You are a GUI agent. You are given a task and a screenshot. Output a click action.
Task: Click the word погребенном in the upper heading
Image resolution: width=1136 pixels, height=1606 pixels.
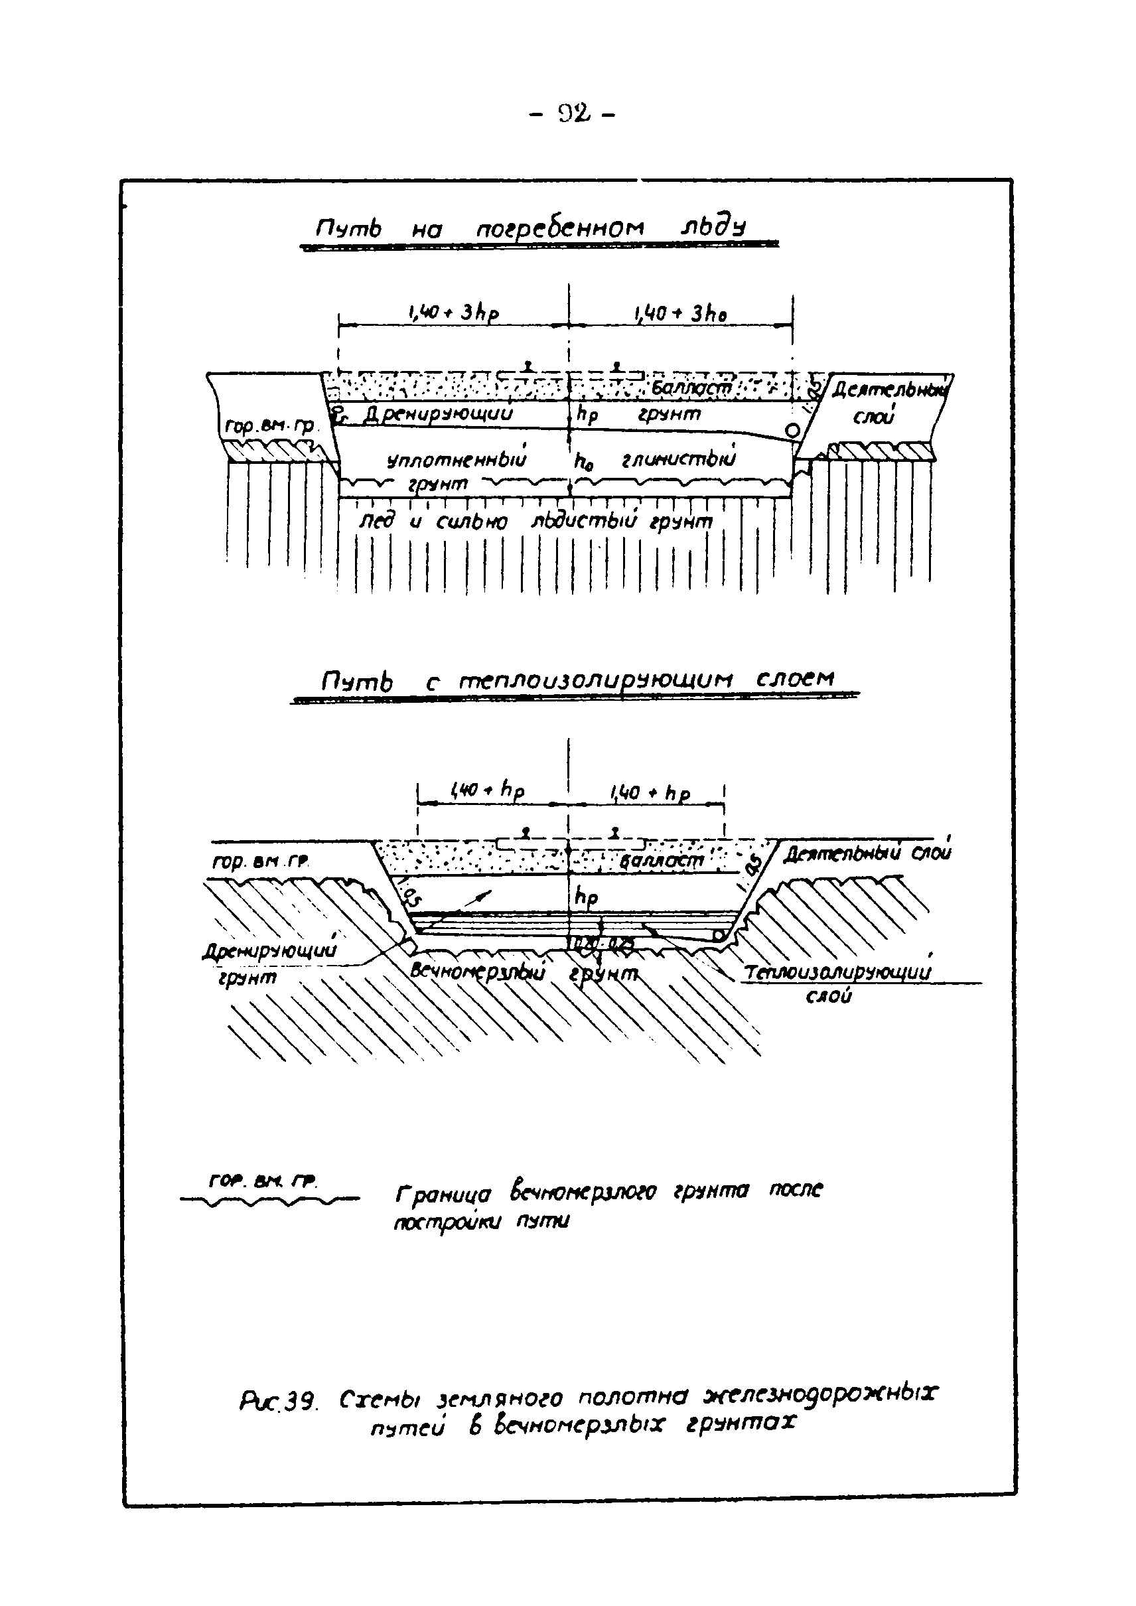[559, 229]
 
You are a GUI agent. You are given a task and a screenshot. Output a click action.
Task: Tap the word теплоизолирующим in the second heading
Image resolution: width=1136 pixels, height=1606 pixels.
[596, 680]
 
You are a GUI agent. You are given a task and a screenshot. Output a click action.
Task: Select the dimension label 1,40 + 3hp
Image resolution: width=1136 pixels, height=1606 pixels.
[453, 313]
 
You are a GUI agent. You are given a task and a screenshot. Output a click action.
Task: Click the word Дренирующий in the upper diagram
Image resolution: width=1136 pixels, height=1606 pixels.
[437, 413]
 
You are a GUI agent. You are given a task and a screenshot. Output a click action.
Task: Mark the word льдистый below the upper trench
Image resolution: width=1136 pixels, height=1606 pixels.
[584, 521]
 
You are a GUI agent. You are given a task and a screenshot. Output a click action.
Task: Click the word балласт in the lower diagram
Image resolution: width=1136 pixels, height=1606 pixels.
[661, 860]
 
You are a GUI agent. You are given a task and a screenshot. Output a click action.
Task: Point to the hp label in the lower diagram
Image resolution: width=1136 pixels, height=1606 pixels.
[585, 897]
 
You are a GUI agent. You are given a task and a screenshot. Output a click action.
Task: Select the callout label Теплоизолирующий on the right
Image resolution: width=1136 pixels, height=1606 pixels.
[838, 973]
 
